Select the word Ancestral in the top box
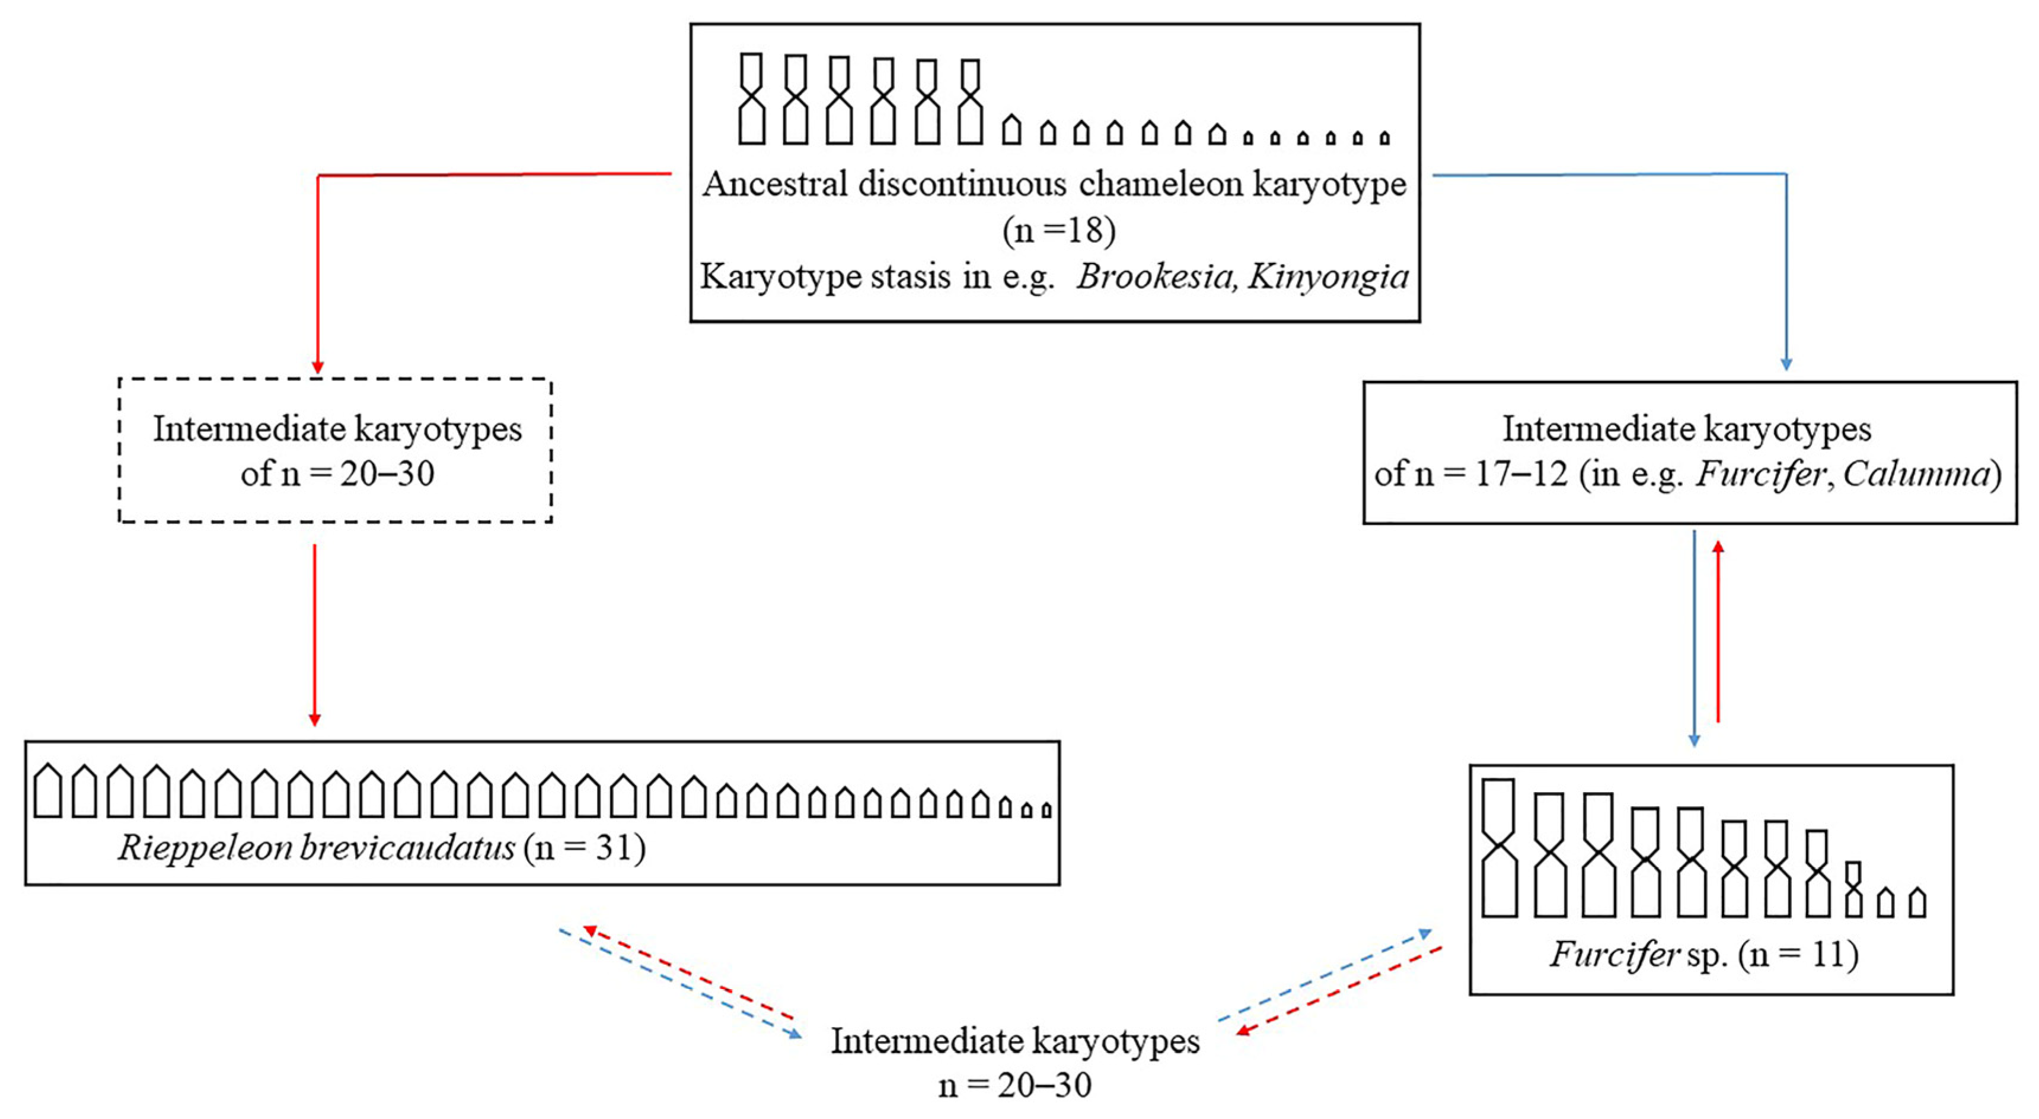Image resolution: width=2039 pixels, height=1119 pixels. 775,185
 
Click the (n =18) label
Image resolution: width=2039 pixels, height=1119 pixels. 1058,230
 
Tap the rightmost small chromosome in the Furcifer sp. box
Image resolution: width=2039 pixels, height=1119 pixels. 1916,903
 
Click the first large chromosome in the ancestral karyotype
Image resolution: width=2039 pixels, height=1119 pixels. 751,99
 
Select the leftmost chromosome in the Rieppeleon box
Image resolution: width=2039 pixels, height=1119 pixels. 47,790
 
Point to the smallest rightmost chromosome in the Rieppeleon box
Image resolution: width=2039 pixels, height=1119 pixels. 1046,809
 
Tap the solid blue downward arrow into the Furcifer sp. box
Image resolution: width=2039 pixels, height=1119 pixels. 1694,637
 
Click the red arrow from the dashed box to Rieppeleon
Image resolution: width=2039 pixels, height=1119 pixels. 314,634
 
